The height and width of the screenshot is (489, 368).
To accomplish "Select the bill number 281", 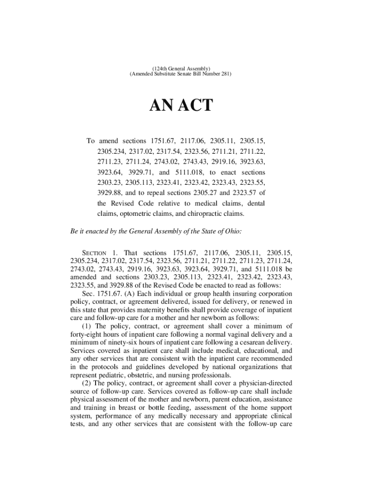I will pyautogui.click(x=226, y=75).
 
